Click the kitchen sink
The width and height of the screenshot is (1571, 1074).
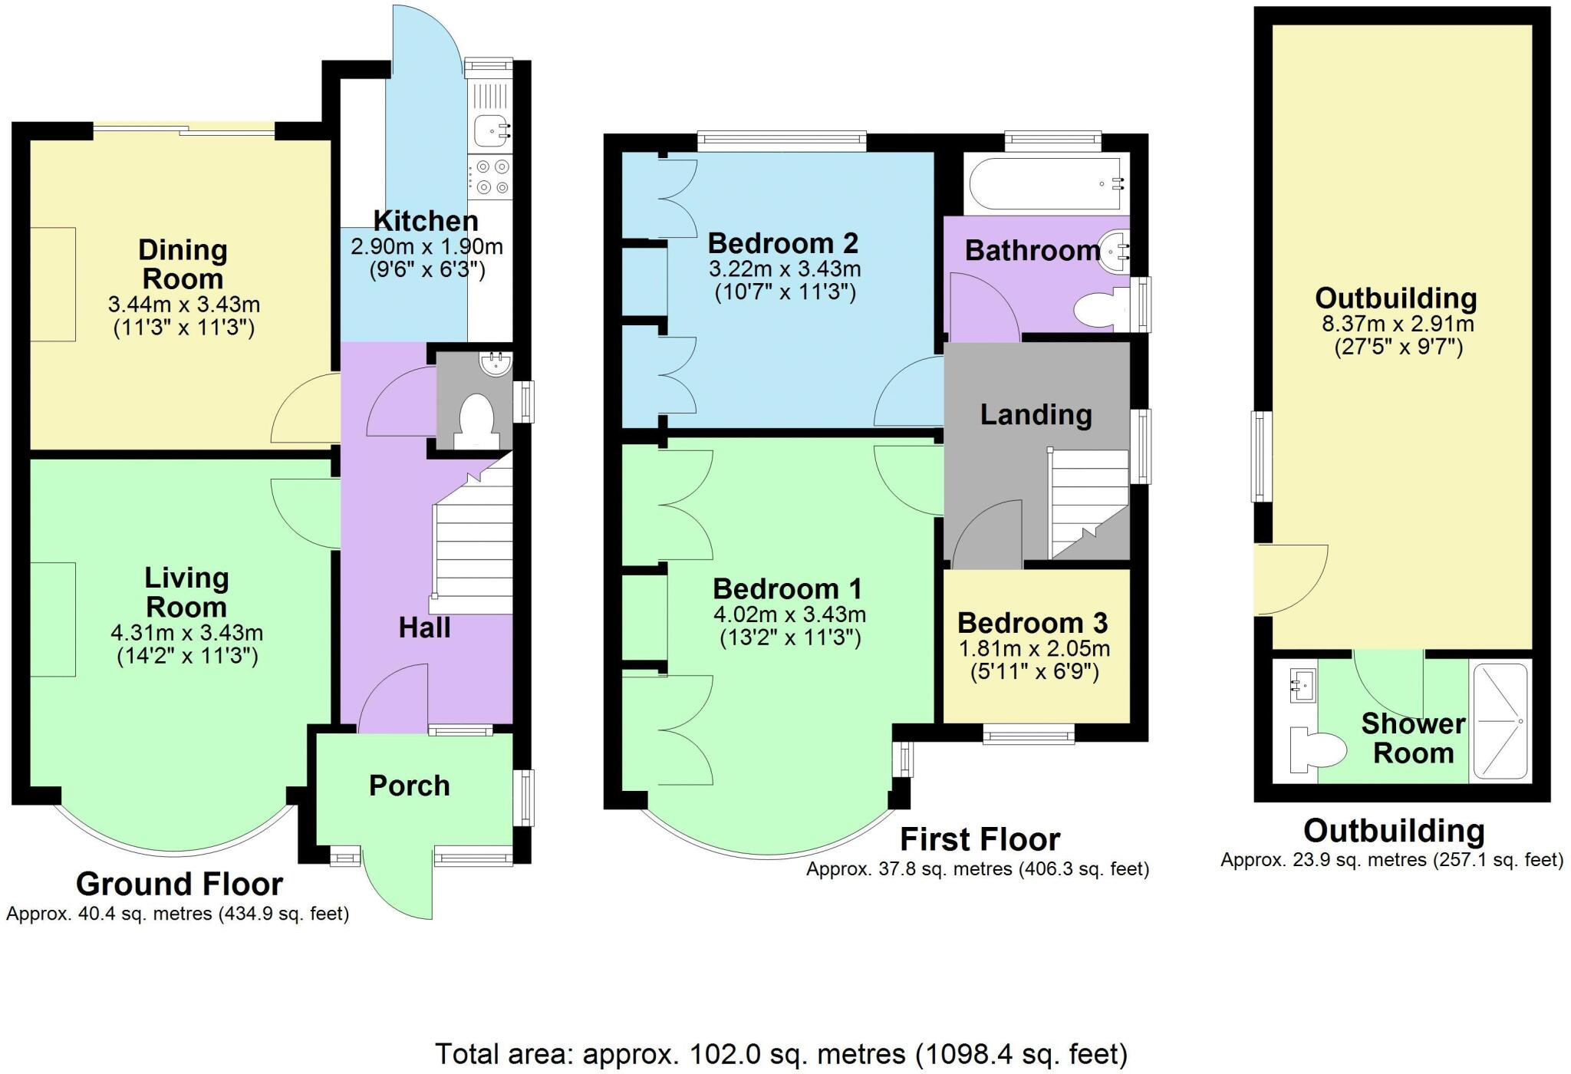(x=490, y=130)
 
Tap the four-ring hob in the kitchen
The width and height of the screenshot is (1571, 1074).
(x=490, y=176)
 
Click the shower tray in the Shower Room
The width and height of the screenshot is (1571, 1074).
(x=1499, y=721)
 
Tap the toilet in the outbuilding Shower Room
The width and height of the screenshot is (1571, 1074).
(x=1316, y=749)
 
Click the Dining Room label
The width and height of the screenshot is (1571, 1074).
(x=183, y=264)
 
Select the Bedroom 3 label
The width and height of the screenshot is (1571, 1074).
(x=1033, y=622)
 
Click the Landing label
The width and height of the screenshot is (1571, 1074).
(x=1036, y=415)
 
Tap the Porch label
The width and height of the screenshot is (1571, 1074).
(x=409, y=786)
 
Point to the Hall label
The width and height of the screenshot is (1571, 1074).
(x=424, y=628)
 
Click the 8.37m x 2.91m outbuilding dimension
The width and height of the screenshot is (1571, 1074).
(x=1397, y=324)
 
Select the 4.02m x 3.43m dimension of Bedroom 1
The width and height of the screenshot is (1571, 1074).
(x=789, y=614)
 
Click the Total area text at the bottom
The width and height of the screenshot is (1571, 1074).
(x=781, y=1054)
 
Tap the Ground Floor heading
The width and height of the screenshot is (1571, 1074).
(x=179, y=885)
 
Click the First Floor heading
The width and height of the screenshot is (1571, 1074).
(x=980, y=840)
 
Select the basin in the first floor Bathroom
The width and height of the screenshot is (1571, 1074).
(x=1114, y=250)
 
